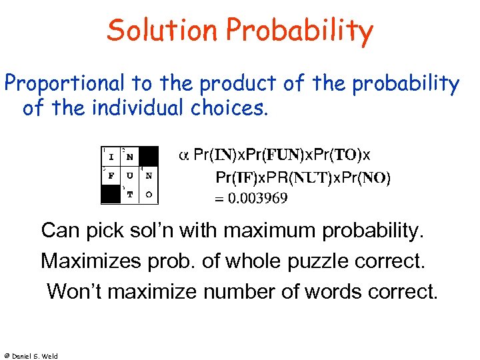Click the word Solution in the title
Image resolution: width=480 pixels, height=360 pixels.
[162, 31]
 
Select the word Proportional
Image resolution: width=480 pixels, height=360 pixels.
[64, 83]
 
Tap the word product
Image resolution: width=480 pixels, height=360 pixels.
[235, 83]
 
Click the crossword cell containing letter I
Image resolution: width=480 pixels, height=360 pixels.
[111, 156]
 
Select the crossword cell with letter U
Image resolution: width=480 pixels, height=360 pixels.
[129, 175]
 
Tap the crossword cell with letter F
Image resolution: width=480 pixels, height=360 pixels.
[111, 175]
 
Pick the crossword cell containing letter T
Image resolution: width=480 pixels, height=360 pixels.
[129, 194]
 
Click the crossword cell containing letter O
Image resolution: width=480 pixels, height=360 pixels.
[149, 194]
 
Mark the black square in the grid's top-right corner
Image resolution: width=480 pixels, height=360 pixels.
[149, 156]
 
